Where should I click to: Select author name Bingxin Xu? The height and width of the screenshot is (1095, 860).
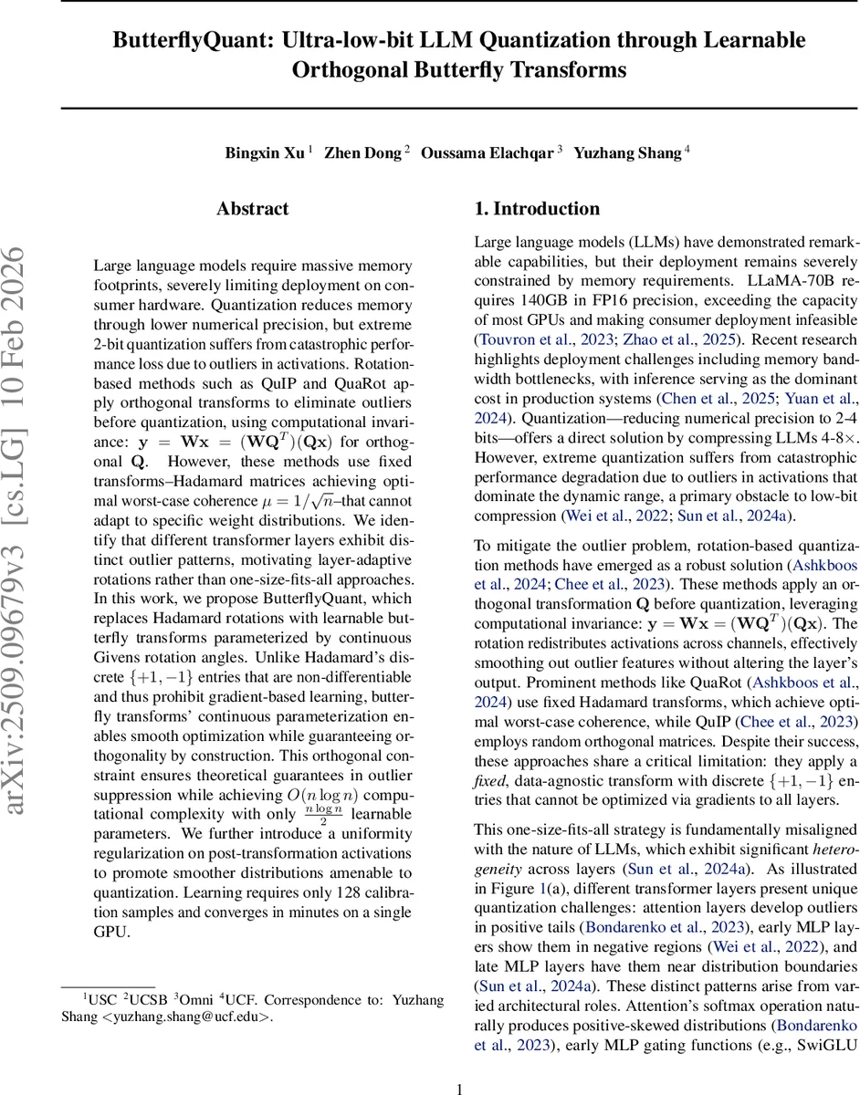tap(265, 153)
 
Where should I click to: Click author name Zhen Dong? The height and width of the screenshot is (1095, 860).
tap(363, 153)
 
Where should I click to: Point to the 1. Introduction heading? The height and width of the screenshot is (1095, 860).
tap(537, 209)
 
